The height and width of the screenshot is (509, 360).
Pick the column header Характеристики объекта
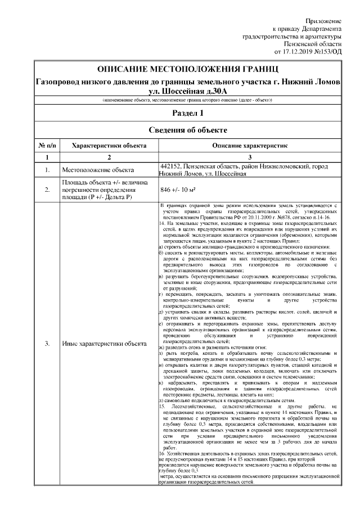pyautogui.click(x=110, y=145)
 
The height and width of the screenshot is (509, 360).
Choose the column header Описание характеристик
pyautogui.click(x=250, y=145)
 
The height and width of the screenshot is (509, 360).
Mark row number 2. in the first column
pyautogui.click(x=47, y=190)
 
